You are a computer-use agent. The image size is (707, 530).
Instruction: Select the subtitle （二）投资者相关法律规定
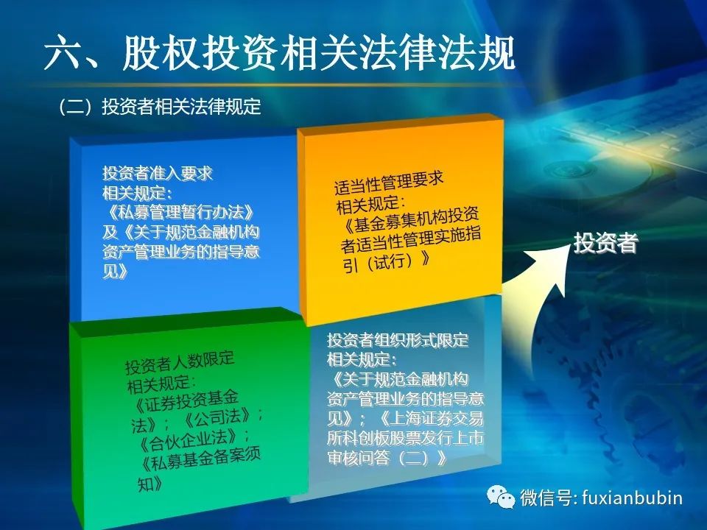[x=160, y=106]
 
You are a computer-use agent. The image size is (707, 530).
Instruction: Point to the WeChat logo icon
[x=501, y=496]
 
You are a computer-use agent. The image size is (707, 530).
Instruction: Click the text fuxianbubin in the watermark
[x=632, y=498]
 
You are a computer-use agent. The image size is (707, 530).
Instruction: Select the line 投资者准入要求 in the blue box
[x=158, y=173]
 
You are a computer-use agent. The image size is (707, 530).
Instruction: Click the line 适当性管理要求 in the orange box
[x=389, y=182]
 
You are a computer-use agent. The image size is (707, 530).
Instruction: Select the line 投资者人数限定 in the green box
[x=180, y=362]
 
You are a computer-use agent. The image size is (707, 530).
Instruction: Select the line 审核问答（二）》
[x=387, y=458]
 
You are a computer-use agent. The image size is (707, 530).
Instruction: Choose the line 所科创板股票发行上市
[x=405, y=438]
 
